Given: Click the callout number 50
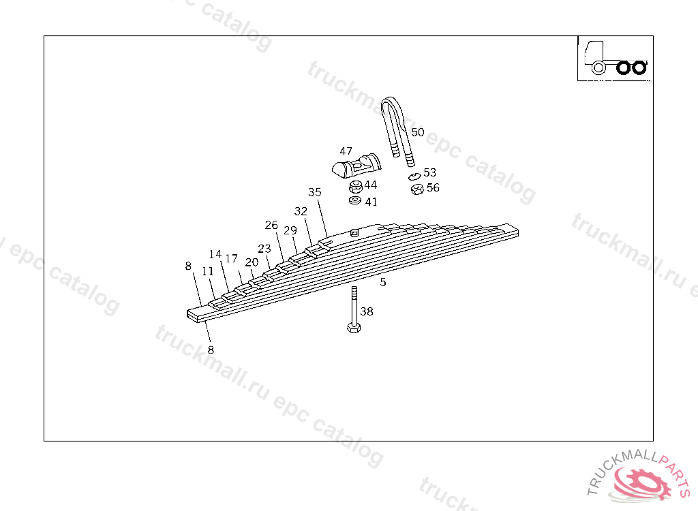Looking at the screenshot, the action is tap(418, 132).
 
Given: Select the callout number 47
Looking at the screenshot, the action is tap(346, 151).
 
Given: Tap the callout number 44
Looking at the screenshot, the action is tap(370, 185).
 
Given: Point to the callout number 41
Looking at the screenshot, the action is tap(371, 202).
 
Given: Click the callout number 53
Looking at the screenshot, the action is tap(429, 172).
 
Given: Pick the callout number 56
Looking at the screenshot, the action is tap(433, 188).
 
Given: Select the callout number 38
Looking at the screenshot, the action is tap(367, 311).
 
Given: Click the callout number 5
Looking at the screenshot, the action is tap(383, 282).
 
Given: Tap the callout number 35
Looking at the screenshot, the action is tap(315, 192).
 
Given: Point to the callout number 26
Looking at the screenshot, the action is tap(271, 226).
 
